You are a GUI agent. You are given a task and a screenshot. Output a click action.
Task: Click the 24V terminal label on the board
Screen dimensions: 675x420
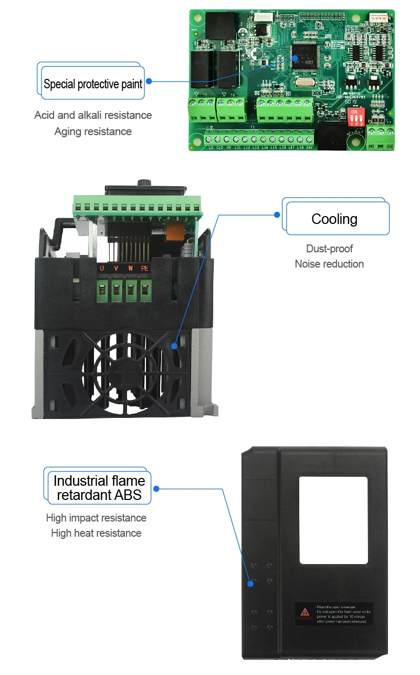coord(309,148)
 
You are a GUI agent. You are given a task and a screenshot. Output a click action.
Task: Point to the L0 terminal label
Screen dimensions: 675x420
coord(211,148)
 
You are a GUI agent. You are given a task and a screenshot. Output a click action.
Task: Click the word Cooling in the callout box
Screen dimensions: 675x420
coord(334,219)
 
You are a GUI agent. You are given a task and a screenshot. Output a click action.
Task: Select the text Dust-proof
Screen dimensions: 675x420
coord(329,249)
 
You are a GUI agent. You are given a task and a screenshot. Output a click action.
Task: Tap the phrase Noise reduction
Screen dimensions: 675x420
coord(329,264)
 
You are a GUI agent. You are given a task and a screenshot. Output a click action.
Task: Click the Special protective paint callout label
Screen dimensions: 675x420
coord(93,84)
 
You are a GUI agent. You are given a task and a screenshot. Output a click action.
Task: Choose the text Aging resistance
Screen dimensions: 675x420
coord(93,131)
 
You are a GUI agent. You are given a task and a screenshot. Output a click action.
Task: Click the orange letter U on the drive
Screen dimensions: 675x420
coord(102,269)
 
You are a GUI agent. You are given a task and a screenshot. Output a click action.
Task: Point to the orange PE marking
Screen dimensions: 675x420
coord(145,269)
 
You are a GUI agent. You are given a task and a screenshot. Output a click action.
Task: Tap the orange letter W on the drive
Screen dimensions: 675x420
coord(130,269)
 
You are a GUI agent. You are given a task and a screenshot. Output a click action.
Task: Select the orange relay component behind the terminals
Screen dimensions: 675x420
coord(174,232)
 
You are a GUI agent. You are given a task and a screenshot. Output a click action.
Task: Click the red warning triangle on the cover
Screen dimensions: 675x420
coord(305,612)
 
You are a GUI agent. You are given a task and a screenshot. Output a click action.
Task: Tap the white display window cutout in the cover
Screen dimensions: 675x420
coord(333,520)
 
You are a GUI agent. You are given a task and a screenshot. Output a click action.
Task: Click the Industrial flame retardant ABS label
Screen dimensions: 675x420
coord(99,488)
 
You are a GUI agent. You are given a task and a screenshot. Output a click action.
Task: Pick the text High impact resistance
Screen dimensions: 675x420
coord(96,518)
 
